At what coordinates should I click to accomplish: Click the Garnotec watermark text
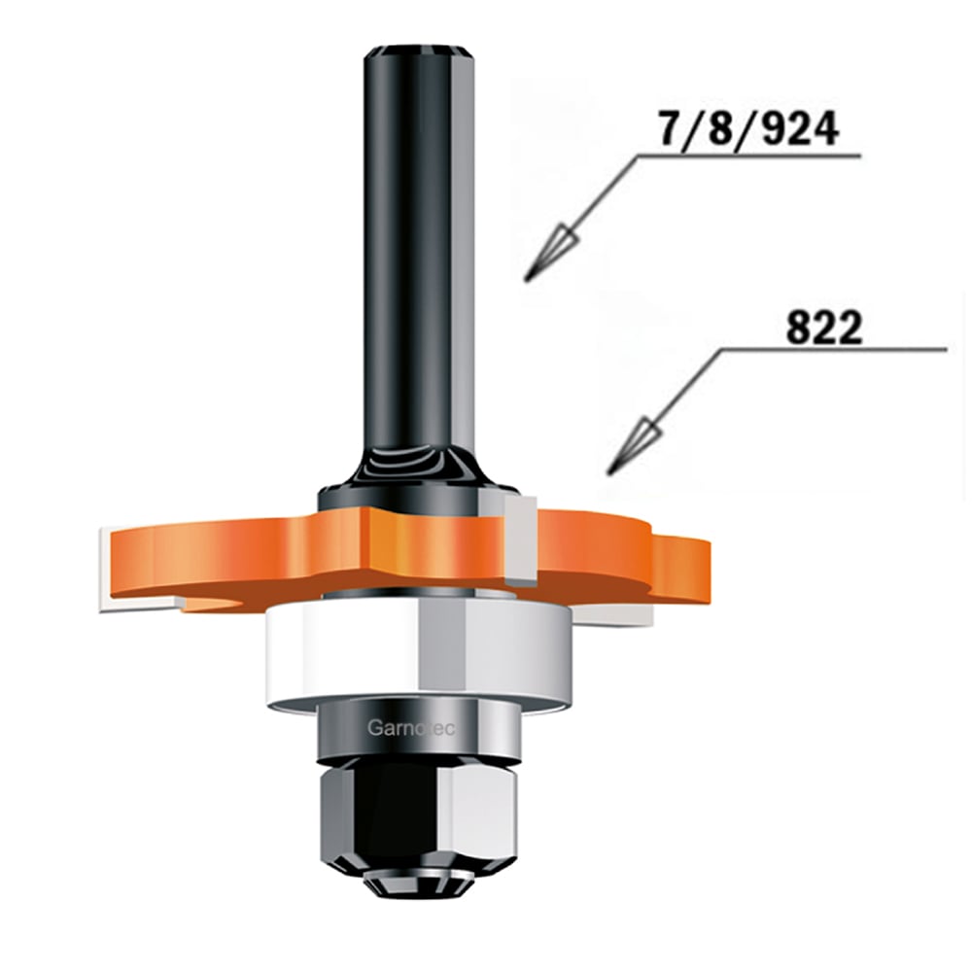click(x=411, y=727)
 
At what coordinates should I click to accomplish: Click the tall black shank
click(x=419, y=260)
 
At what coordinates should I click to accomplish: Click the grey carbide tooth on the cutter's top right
click(x=521, y=540)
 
